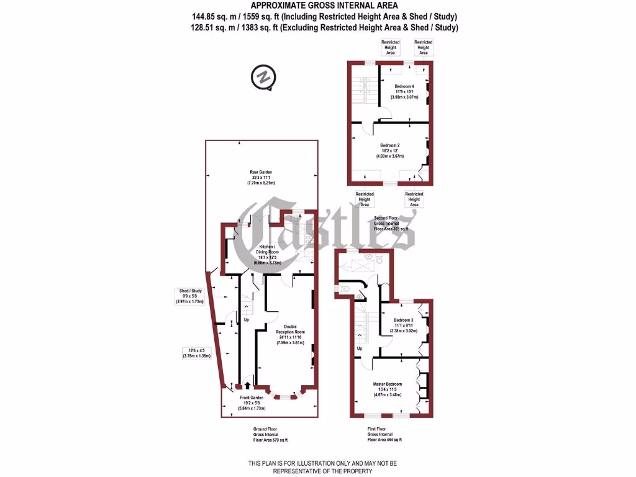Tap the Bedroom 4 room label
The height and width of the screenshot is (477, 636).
tap(404, 86)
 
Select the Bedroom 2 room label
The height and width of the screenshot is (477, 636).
tap(390, 145)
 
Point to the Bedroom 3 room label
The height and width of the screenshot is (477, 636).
tap(404, 320)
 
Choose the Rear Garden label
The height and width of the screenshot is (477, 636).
tap(261, 173)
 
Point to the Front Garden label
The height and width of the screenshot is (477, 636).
tap(252, 397)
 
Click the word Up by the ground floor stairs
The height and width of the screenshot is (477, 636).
tap(246, 320)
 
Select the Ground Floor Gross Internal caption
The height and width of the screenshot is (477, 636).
tap(265, 434)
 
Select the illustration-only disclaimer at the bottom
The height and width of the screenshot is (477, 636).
tap(322, 467)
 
